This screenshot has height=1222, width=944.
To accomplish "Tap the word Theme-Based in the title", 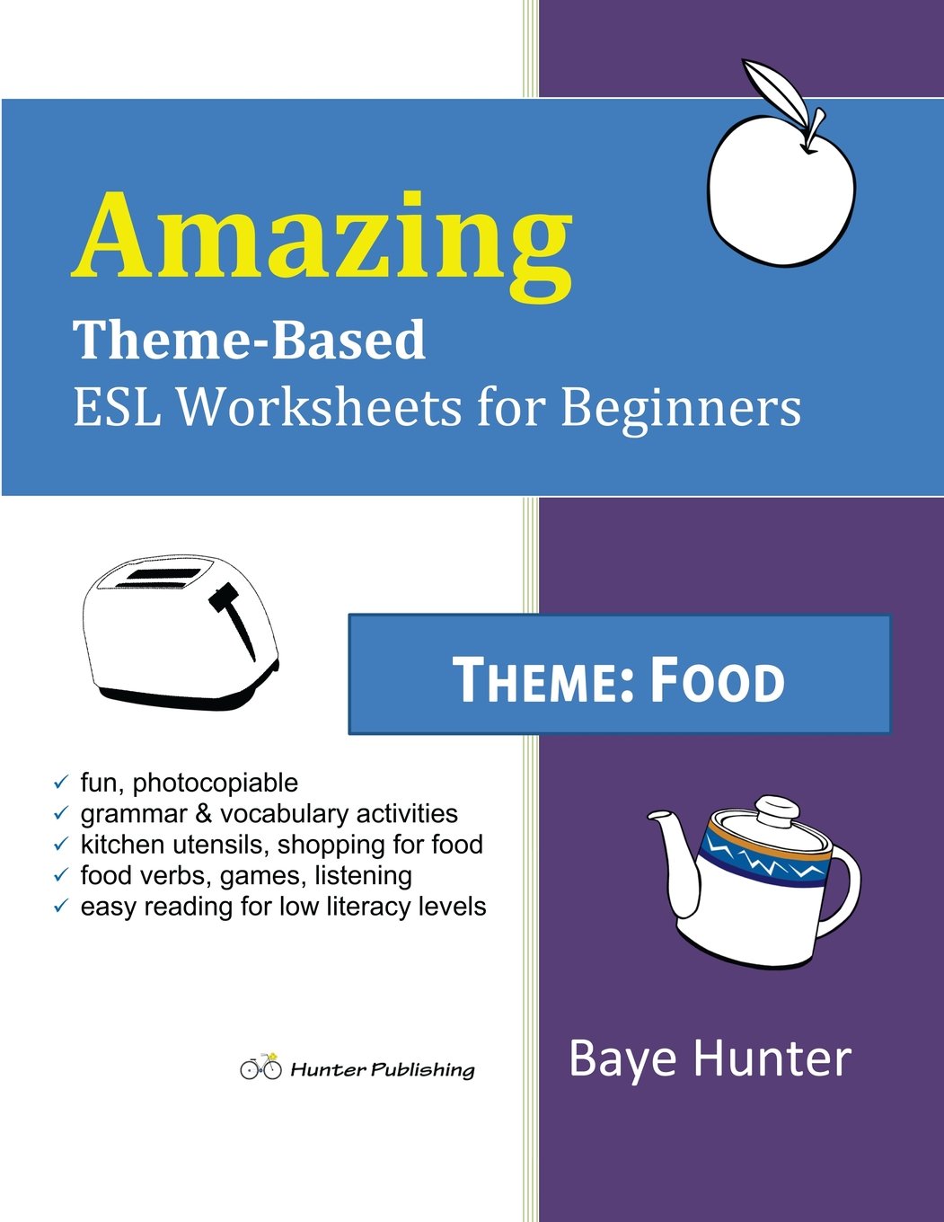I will pos(249,341).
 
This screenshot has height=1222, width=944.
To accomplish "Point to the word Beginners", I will pos(681,408).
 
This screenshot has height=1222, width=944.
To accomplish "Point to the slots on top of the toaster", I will pos(153,578).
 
